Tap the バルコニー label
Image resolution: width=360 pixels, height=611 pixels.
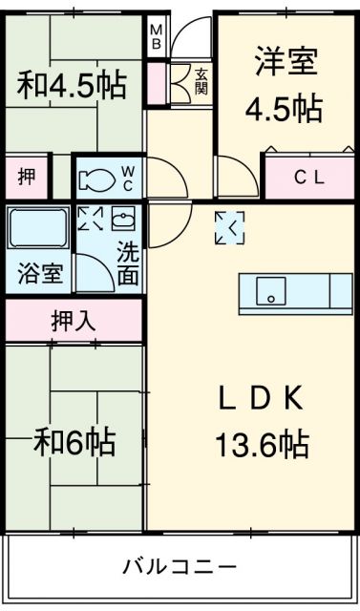pyautogui.click(x=179, y=567)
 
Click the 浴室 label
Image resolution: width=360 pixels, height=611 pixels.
pyautogui.click(x=40, y=274)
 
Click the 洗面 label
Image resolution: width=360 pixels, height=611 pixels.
pyautogui.click(x=127, y=265)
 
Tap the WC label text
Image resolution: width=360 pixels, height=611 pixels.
pyautogui.click(x=128, y=177)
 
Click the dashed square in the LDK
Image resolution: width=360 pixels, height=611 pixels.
pyautogui.click(x=229, y=226)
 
